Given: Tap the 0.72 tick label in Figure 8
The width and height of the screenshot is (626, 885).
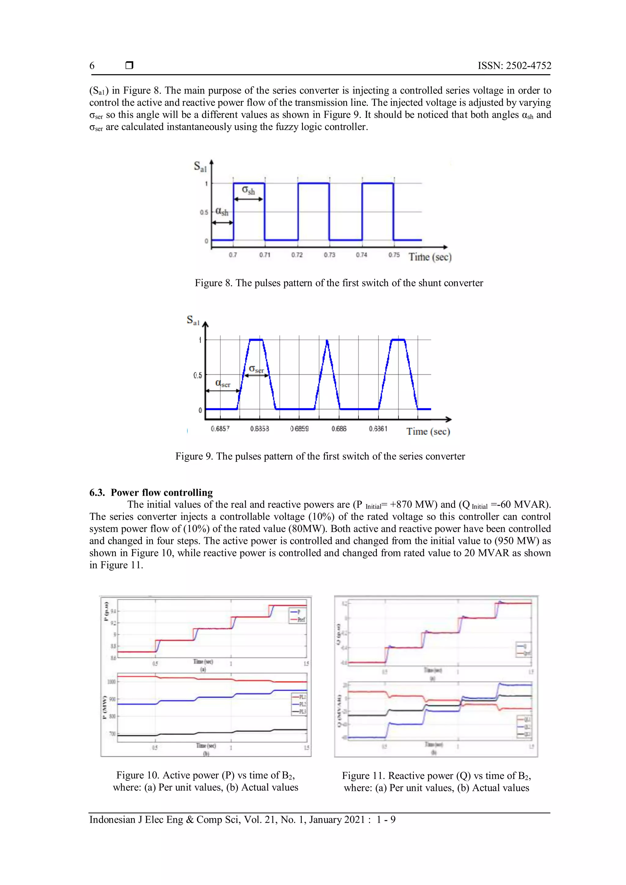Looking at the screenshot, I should (x=297, y=255).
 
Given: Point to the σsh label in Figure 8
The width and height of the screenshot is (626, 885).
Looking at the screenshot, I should (x=248, y=190).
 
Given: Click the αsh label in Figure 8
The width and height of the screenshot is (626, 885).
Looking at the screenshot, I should (x=222, y=211).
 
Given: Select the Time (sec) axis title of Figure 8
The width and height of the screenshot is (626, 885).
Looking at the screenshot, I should (x=430, y=257).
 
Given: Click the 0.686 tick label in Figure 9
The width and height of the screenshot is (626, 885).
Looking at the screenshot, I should (x=339, y=429).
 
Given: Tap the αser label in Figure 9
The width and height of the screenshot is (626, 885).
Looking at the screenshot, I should (x=223, y=384).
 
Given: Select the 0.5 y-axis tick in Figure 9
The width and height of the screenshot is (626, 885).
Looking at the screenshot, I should (x=197, y=375).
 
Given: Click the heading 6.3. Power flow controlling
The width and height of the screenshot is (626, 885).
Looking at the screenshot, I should (x=151, y=493).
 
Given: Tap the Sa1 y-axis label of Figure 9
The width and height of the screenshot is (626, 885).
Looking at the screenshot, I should (x=193, y=320).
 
